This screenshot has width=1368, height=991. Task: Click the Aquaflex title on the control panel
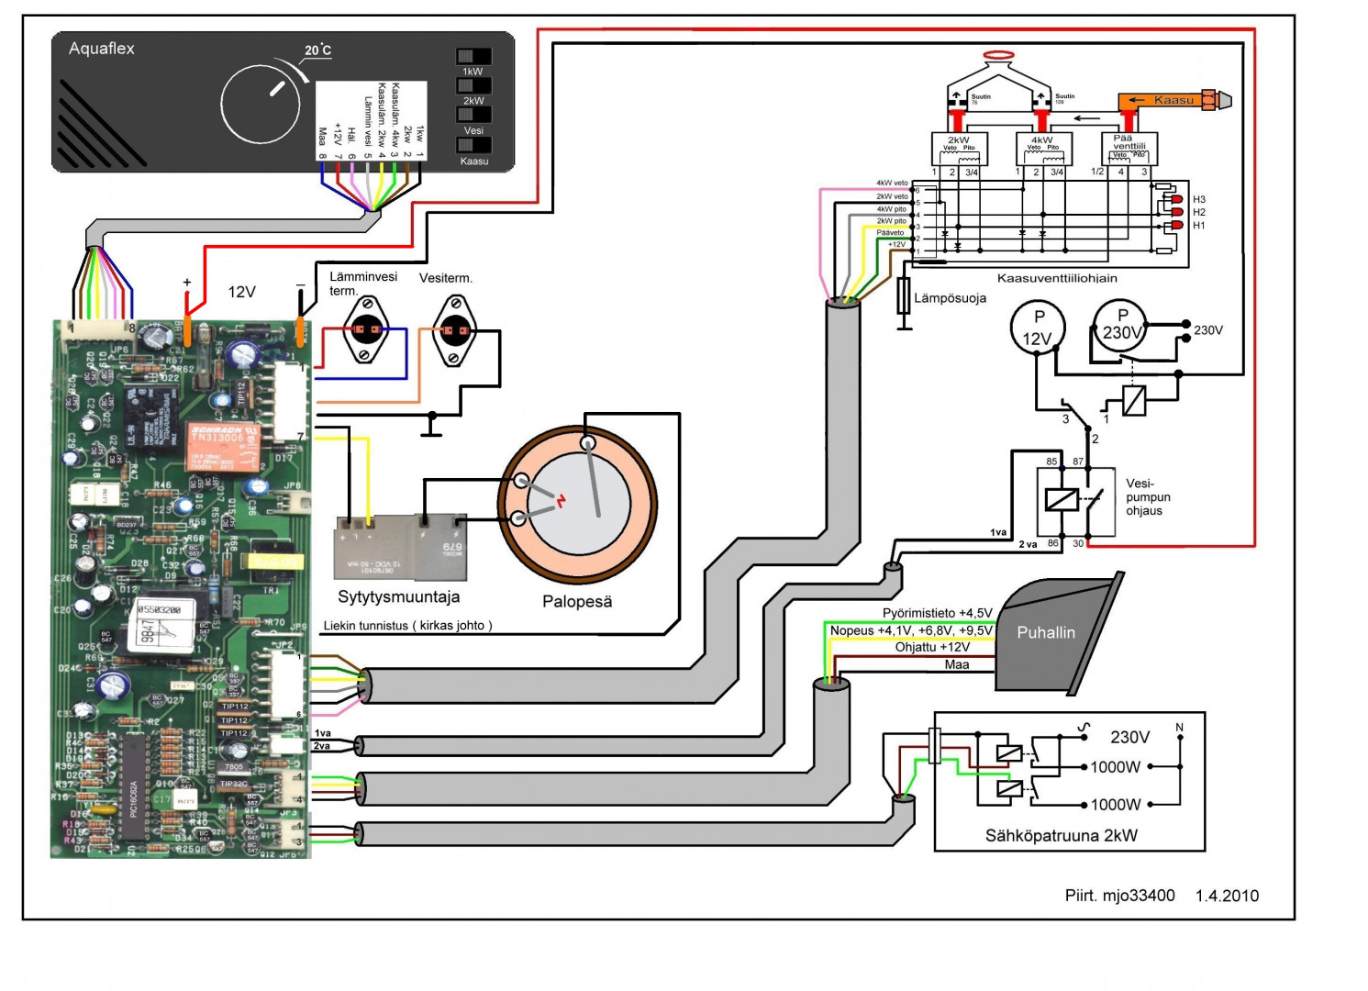[102, 49]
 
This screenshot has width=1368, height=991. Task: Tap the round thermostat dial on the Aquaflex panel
[261, 104]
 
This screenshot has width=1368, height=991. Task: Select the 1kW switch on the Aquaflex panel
[473, 57]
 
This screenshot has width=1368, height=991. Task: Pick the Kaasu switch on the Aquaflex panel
[473, 145]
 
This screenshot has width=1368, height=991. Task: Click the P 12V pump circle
[1038, 328]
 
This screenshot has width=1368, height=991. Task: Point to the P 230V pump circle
[1121, 325]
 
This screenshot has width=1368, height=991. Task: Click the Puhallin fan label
[1046, 632]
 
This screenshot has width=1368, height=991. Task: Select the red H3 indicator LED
[1177, 199]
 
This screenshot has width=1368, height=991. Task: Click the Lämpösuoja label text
[950, 298]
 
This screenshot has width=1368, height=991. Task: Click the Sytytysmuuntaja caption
[398, 596]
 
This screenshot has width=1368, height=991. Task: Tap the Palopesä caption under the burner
[576, 602]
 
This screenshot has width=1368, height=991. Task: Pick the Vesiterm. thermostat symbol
[454, 329]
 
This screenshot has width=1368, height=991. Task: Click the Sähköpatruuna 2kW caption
[1061, 835]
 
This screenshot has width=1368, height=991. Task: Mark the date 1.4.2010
[1227, 896]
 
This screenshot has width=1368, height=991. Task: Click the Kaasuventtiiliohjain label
[1057, 278]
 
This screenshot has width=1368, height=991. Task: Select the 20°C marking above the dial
[317, 50]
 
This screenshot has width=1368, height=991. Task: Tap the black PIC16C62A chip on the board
[134, 785]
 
